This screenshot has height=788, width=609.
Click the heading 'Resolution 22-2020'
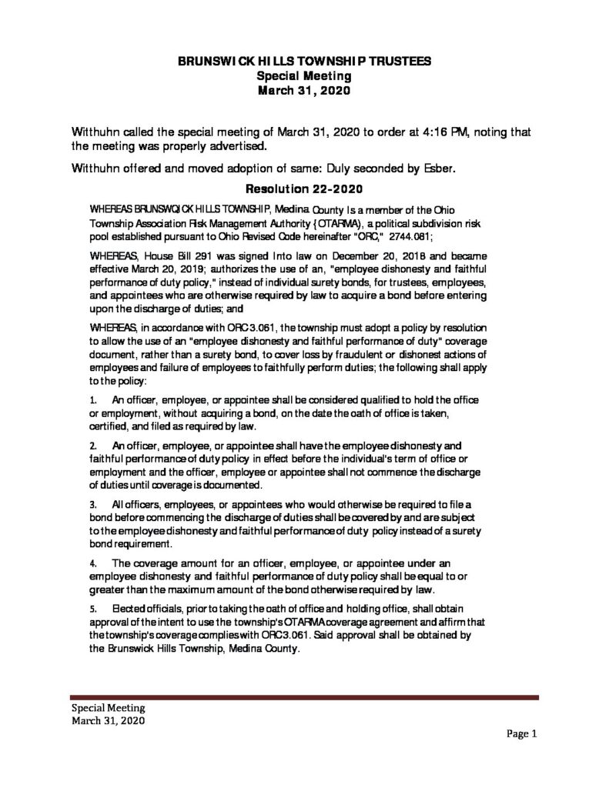click(x=304, y=188)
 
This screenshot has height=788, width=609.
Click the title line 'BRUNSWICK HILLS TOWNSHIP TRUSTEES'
click(x=304, y=62)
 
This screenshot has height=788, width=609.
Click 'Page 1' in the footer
click(x=521, y=733)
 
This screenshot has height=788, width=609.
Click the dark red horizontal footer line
click(x=304, y=697)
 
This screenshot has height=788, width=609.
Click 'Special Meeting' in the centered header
click(x=304, y=75)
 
